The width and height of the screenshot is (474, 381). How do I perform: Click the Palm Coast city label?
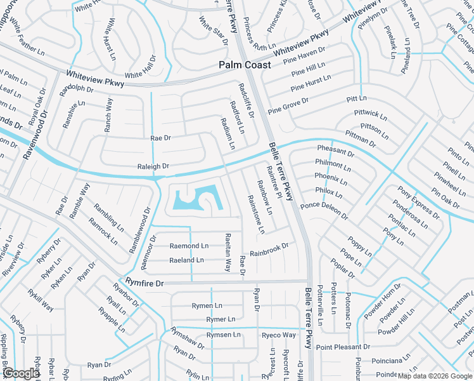point(245,65)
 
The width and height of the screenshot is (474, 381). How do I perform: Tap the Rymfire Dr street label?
point(144,282)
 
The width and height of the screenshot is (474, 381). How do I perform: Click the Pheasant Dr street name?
point(335,151)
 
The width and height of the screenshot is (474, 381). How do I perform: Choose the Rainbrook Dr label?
point(269,250)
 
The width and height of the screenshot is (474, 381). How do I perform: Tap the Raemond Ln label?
point(189,246)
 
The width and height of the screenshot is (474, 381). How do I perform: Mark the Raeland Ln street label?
point(186,260)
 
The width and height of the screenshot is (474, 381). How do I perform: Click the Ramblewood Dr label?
point(140,229)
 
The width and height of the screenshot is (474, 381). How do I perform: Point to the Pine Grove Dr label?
point(288,105)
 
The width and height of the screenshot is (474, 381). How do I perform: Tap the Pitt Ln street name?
point(357,99)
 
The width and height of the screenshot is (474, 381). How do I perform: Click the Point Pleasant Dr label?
point(343,347)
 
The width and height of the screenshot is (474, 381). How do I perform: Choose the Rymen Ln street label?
point(207,305)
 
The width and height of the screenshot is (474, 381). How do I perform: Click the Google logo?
point(21,373)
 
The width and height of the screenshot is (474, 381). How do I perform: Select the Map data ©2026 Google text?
point(435,376)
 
